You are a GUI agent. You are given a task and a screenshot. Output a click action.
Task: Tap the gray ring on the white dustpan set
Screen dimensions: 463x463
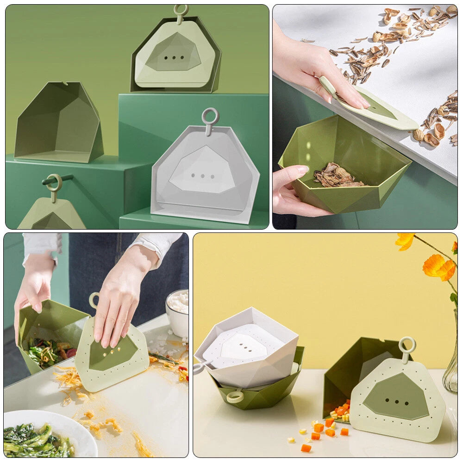210,116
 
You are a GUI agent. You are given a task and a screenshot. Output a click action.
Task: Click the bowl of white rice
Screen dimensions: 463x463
178,308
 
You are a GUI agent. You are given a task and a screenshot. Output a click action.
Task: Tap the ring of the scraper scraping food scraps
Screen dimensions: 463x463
94,300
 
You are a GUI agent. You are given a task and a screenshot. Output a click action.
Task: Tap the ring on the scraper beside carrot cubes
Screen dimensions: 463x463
407,344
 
